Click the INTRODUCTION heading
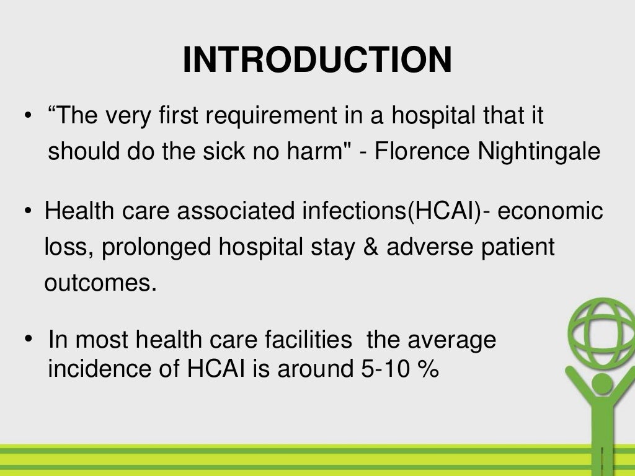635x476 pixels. pos(317,60)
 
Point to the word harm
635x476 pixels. pos(327,152)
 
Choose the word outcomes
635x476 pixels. pos(98,283)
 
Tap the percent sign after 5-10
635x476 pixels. pos(429,369)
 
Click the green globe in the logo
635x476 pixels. pos(602,334)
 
